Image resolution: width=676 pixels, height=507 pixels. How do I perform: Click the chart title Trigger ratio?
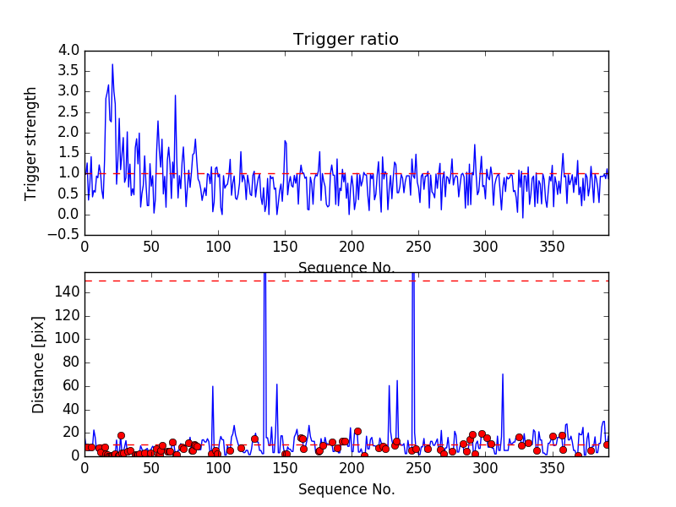coord(346,40)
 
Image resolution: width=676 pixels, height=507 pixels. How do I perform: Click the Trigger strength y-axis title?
coord(31,143)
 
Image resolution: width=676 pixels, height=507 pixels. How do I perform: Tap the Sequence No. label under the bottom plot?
coord(346,489)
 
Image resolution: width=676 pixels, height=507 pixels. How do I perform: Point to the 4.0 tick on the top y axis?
coord(69,51)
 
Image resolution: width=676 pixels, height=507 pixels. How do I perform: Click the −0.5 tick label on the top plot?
coord(66,235)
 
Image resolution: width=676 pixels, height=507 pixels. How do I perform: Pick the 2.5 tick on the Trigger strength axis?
coord(69,112)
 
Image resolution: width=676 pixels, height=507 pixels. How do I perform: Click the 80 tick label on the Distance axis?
coord(71,363)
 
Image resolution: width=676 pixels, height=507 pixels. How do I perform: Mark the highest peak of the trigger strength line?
coord(112,64)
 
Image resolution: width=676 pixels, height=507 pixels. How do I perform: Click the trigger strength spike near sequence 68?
coord(175,95)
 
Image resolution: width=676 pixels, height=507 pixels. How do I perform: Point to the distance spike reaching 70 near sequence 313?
coord(503,373)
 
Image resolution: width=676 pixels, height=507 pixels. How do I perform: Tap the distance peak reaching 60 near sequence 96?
coord(213,386)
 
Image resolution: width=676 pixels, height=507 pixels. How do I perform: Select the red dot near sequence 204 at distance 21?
coord(357,431)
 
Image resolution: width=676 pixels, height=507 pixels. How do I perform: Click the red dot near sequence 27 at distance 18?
coord(121,435)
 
